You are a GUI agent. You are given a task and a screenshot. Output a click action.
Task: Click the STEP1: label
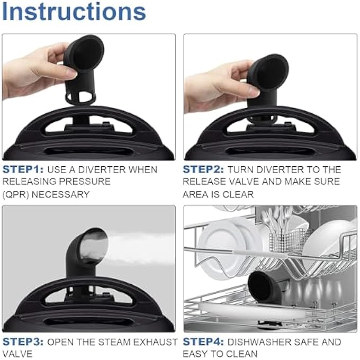click(x=23, y=170)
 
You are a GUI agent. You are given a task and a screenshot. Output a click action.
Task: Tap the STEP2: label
click(x=203, y=170)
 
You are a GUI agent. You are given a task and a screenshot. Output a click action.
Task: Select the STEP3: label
click(x=23, y=342)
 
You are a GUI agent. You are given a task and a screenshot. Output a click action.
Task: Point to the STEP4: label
click(x=203, y=342)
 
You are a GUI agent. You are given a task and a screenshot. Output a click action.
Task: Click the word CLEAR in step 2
click(x=239, y=194)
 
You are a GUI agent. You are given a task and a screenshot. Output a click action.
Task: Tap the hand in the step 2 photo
click(x=217, y=85)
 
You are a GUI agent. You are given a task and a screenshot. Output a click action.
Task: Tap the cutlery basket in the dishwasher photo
click(x=289, y=238)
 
